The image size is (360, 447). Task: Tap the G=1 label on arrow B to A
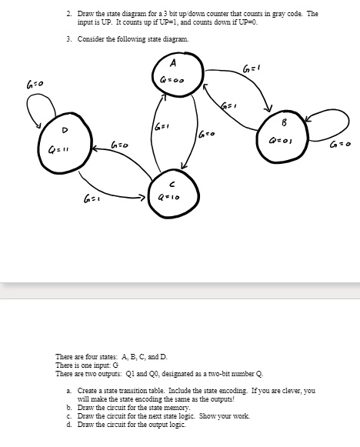(226, 103)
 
